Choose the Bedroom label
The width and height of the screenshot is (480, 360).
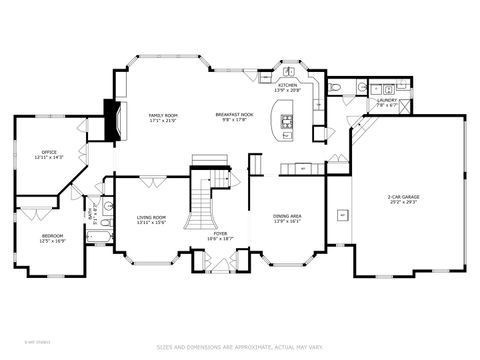52,236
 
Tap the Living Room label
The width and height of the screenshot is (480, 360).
151,217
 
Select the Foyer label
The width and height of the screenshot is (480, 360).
206,233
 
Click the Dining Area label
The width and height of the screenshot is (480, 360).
287,216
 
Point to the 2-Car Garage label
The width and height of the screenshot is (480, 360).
403,197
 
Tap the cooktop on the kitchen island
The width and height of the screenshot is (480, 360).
286,122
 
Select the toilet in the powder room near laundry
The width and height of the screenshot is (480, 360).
337,89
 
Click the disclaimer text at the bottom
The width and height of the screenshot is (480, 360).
240,348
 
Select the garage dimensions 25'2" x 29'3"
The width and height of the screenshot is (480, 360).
403,202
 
